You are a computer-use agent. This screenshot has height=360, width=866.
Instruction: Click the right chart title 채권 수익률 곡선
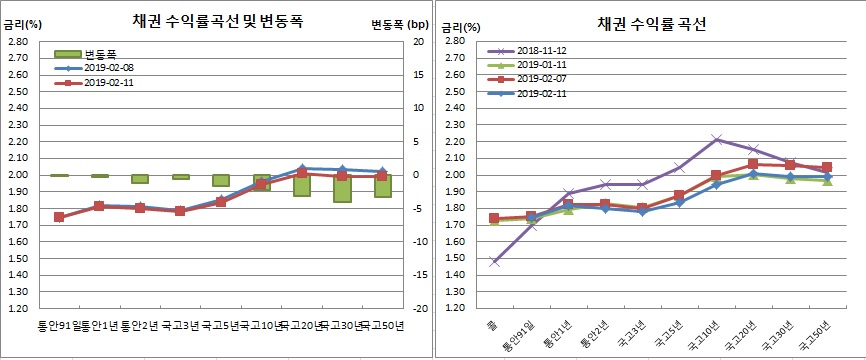[652, 22]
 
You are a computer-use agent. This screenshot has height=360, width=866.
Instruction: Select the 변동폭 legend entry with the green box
[89, 54]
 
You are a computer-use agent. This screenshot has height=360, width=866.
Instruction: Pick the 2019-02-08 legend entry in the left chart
[94, 68]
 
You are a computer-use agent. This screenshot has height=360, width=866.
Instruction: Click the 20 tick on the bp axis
[418, 41]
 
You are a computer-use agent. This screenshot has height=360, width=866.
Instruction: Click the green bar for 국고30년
[343, 188]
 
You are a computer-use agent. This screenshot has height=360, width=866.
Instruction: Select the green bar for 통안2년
[140, 179]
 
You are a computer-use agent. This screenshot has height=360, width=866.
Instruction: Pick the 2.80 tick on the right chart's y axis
[452, 41]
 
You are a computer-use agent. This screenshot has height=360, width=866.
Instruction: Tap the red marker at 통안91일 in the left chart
[59, 217]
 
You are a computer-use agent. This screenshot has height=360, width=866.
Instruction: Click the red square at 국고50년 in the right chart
[825, 167]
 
